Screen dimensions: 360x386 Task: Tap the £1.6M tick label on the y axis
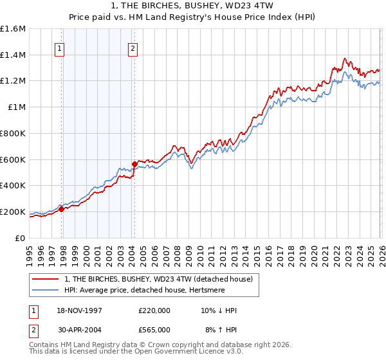coord(13,29)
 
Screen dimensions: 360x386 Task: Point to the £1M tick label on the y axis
coord(16,107)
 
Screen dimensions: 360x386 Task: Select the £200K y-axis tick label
coord(13,212)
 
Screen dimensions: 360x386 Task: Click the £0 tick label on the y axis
coord(21,238)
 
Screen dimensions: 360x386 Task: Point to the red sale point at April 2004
coord(134,164)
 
